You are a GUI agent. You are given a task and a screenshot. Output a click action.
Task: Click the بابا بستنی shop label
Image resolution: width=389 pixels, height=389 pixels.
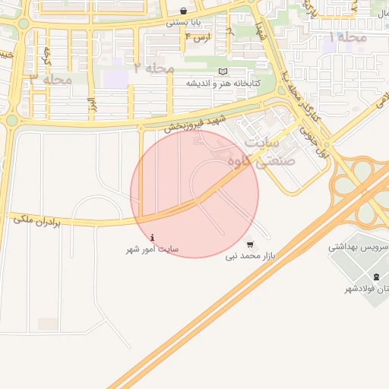pyautogui.click(x=187, y=24)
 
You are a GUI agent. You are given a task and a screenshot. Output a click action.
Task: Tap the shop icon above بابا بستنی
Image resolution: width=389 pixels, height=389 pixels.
pyautogui.click(x=187, y=11)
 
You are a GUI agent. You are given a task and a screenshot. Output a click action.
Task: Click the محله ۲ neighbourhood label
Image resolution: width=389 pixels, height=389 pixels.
pyautogui.click(x=154, y=68)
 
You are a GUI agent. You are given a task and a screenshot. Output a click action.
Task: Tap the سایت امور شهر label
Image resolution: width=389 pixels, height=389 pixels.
pyautogui.click(x=153, y=249)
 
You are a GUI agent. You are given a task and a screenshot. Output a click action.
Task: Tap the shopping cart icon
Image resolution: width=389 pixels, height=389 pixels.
pyautogui.click(x=251, y=245)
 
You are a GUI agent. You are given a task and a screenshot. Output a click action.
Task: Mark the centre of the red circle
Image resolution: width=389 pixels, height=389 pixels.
pyautogui.click(x=194, y=194)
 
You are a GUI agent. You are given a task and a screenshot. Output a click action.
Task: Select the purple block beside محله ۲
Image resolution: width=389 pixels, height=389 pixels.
pyautogui.click(x=115, y=77)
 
